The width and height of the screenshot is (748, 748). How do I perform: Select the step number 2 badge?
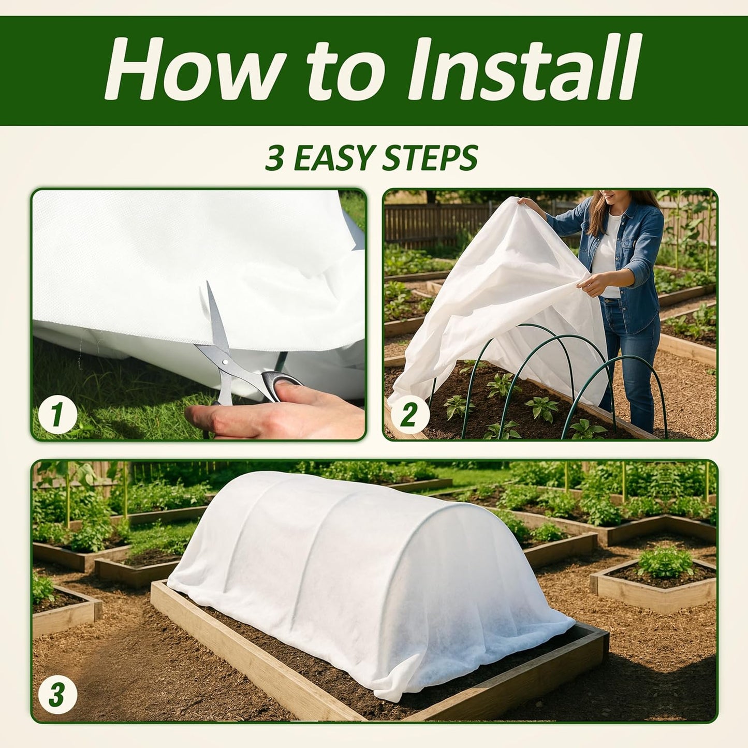coord(408,414)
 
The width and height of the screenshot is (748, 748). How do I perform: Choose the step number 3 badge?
coord(56,695)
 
